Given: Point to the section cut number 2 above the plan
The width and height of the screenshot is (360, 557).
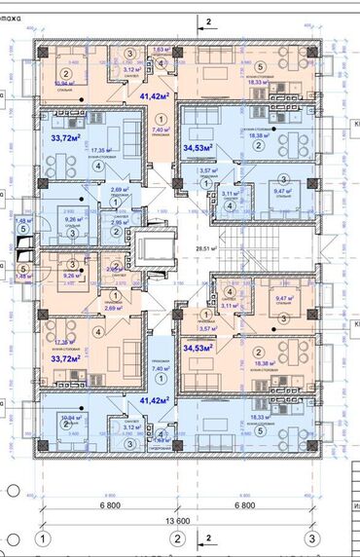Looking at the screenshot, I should click(207, 20).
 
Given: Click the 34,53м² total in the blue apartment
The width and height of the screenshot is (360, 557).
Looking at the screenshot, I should click(198, 147).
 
